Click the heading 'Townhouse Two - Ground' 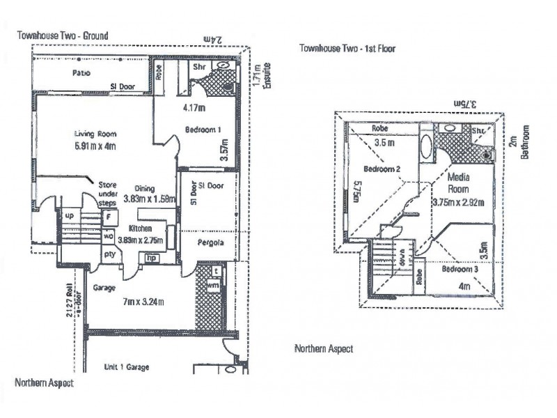[62, 35]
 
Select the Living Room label [95, 134]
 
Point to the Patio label [84, 72]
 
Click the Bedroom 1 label [203, 130]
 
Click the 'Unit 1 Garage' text [126, 366]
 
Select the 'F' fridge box [108, 217]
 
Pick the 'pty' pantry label [109, 255]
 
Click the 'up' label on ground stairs [69, 216]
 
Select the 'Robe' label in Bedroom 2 [379, 128]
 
